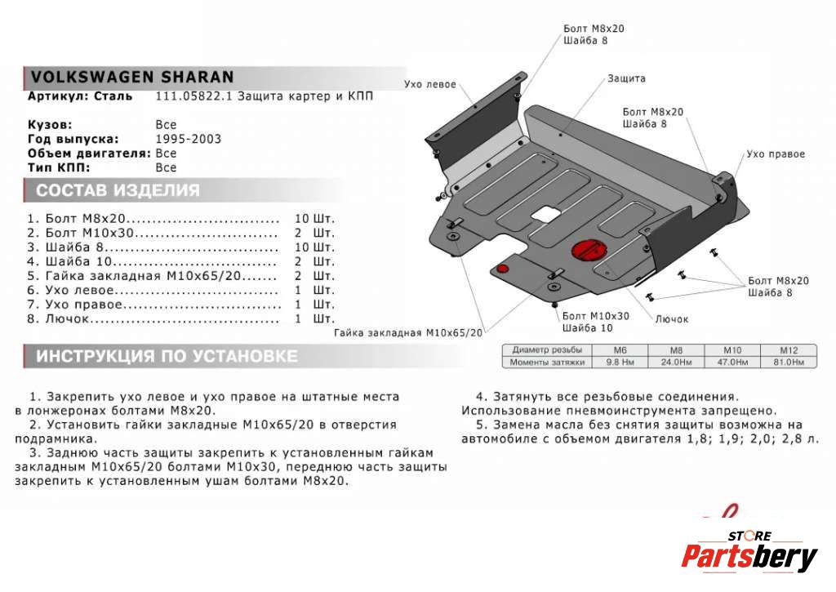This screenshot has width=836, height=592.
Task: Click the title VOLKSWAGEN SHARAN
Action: click(132, 77)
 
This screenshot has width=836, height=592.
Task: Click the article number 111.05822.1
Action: click(190, 96)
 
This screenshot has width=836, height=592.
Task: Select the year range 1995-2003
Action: click(188, 139)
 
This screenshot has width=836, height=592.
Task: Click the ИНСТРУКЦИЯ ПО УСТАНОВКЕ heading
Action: click(167, 357)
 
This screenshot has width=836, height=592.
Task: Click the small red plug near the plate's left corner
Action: click(503, 269)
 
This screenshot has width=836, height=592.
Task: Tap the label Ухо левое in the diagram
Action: click(429, 84)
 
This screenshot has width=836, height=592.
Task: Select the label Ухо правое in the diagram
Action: click(776, 154)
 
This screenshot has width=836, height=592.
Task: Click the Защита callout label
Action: click(626, 78)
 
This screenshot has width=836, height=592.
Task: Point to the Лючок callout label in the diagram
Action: click(672, 318)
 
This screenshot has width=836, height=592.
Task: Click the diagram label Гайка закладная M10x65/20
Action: click(408, 333)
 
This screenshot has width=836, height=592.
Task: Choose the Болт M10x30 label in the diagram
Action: click(595, 316)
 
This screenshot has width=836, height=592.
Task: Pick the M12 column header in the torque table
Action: click(781, 350)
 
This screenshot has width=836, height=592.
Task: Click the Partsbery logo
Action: click(749, 556)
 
